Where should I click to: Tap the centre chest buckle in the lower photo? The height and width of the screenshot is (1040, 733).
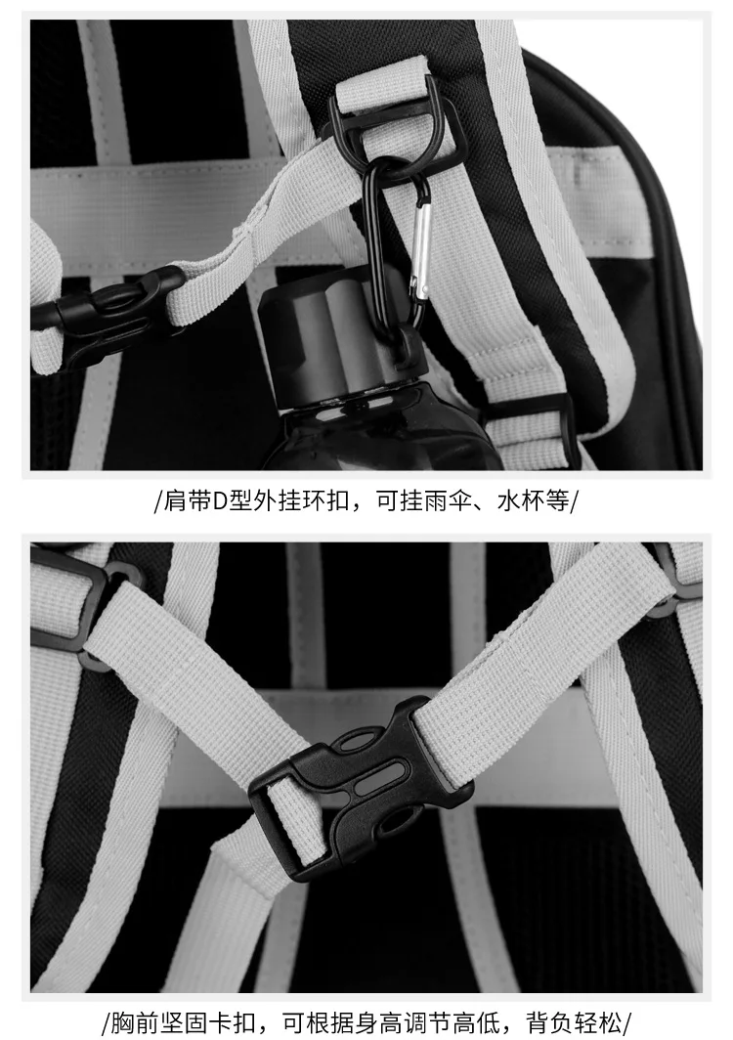(362, 787)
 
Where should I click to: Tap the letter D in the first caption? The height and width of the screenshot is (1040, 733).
(220, 501)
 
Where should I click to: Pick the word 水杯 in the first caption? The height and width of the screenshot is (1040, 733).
(517, 501)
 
